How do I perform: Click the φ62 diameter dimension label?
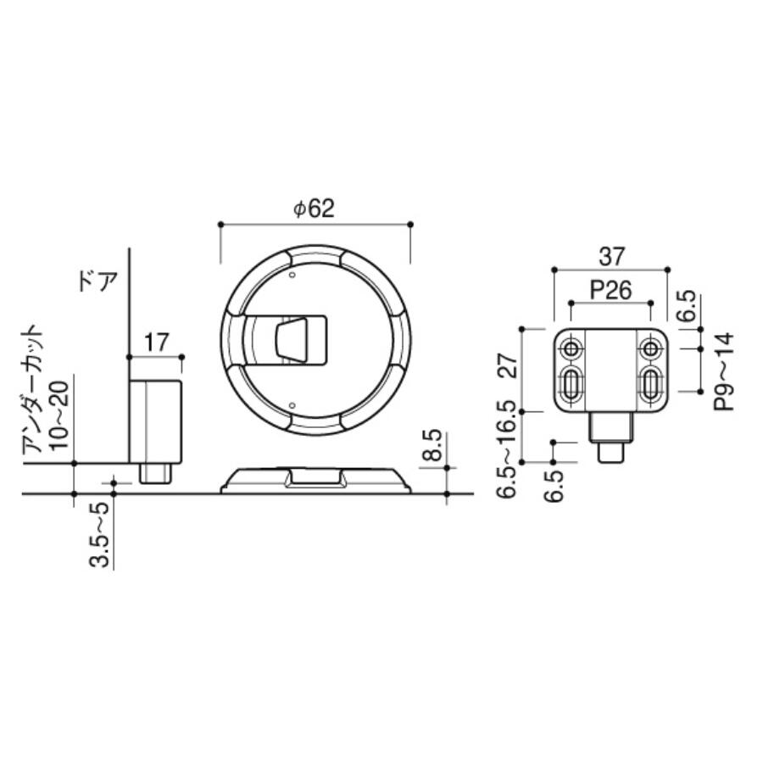pos(314,209)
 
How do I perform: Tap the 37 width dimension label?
pos(611,256)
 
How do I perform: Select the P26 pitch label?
pos(610,291)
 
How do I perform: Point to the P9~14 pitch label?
pos(724,371)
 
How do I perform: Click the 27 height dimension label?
pos(508,366)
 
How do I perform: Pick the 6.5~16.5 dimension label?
pos(507,449)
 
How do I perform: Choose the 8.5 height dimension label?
pos(432,445)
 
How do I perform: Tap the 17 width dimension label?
pos(156,343)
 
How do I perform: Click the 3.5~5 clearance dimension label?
pos(99,535)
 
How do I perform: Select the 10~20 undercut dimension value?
pos(60,415)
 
